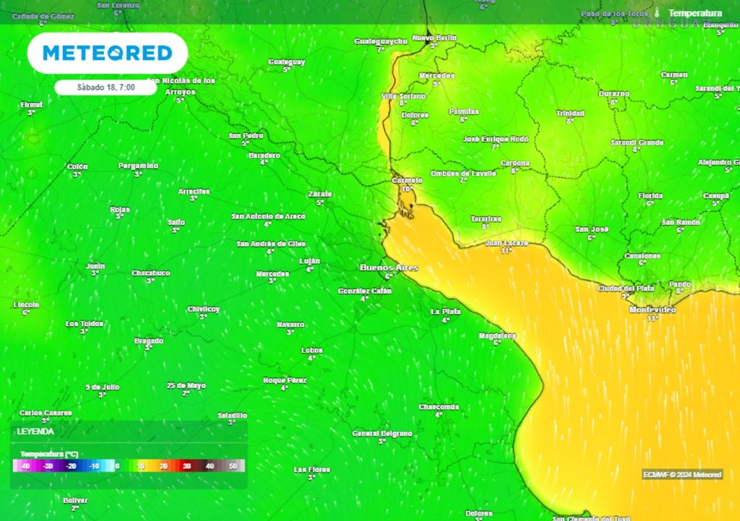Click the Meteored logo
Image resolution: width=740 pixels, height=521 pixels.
point(107,53)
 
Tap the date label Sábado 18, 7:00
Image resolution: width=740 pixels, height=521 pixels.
point(106,88)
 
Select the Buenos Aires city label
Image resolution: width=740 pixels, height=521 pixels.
point(389,268)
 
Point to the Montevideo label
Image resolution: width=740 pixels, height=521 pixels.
point(653,310)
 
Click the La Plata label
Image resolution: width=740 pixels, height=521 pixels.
point(445,311)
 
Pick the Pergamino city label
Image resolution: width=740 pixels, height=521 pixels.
point(138,166)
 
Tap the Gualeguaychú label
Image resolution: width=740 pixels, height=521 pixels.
point(381,41)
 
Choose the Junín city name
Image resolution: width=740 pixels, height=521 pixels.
point(95,266)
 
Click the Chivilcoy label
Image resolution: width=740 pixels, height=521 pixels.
point(203,309)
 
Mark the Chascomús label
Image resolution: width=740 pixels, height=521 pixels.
point(439,407)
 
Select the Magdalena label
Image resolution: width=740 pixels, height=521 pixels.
point(497,336)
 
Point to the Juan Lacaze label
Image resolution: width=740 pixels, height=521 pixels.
point(507,243)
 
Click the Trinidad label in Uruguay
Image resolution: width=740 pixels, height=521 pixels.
point(570,113)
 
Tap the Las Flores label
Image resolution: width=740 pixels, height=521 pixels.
point(311,470)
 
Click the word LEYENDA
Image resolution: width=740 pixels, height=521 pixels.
point(36,431)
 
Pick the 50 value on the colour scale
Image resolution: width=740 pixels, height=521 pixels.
point(233,467)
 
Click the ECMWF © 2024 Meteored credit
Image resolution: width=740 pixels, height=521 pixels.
point(682,475)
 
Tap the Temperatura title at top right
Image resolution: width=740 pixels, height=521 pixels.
point(695,13)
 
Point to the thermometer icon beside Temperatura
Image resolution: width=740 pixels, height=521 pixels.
point(658,13)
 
